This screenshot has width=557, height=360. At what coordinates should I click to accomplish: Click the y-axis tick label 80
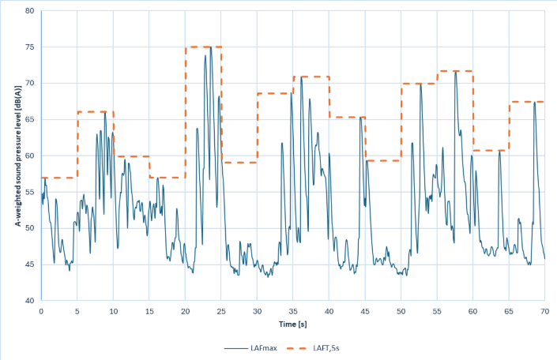(x=29, y=11)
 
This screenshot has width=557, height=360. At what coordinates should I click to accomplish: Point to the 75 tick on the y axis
(x=29, y=47)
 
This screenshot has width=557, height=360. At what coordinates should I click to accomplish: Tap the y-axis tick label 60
(x=29, y=156)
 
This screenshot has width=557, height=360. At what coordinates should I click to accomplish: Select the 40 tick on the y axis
(x=29, y=301)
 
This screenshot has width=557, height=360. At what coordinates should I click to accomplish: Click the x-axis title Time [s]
(x=292, y=324)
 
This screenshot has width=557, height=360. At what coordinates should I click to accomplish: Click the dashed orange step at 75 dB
(x=203, y=47)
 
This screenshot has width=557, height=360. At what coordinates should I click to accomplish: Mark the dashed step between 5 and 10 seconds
(x=95, y=112)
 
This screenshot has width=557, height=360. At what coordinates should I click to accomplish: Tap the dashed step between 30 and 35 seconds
(x=275, y=93)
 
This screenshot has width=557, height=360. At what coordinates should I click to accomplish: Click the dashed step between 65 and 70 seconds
(x=527, y=102)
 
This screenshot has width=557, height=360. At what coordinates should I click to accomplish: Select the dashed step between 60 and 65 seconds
(x=491, y=150)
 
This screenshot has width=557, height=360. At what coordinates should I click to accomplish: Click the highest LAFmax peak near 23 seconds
(x=211, y=47)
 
